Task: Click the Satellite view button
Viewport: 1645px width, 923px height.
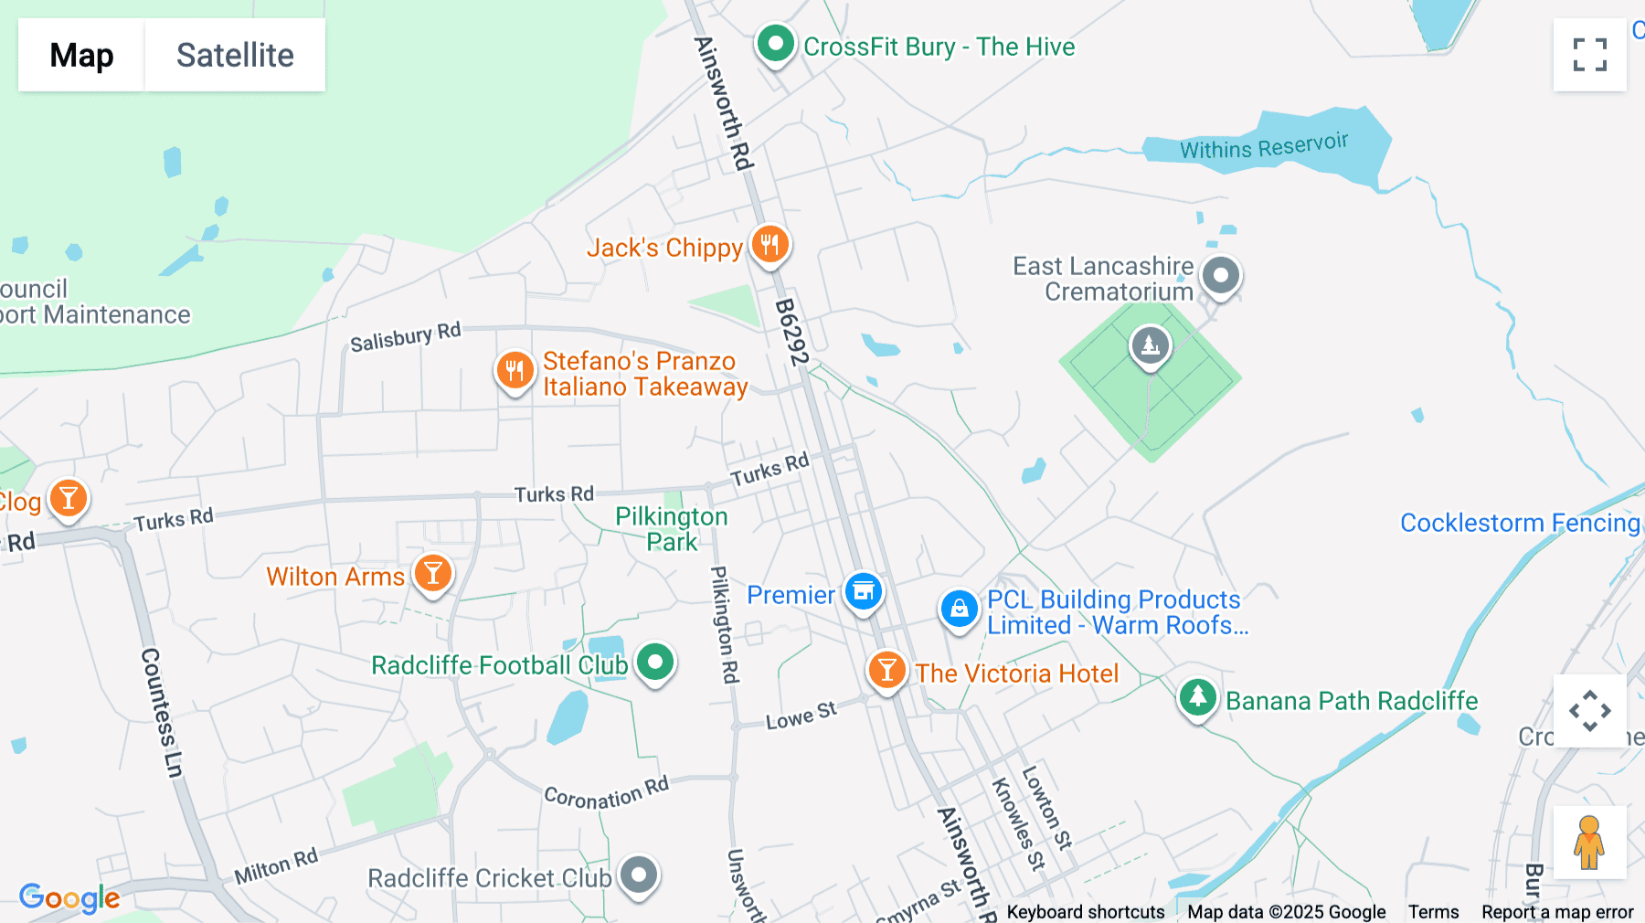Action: tap(235, 55)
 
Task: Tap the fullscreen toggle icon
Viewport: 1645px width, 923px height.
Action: tap(1589, 55)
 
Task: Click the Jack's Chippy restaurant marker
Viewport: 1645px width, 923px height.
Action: tap(769, 244)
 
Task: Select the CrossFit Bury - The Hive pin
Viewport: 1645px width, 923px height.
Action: tap(776, 43)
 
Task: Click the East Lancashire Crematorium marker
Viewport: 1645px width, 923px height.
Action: tap(1220, 274)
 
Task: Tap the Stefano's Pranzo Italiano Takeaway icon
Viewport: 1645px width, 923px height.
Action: tap(515, 370)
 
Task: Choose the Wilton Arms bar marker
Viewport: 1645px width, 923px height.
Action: tap(432, 574)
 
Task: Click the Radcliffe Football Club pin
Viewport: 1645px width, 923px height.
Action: tap(654, 662)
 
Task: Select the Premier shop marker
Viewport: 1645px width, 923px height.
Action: tap(863, 592)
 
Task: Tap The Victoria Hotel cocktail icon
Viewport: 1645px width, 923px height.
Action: tap(886, 671)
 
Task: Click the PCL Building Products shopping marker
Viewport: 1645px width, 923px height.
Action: tap(959, 608)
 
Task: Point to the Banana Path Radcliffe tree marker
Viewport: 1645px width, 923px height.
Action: tap(1197, 697)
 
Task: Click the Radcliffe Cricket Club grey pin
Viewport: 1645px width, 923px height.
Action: tap(638, 875)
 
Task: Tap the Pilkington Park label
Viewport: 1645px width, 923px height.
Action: tap(672, 529)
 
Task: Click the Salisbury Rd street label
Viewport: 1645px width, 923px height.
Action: tap(405, 336)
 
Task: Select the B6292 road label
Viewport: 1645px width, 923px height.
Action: tap(791, 332)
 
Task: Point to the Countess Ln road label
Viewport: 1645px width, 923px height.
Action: tap(163, 713)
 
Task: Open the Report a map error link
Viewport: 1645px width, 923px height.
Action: tap(1556, 912)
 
